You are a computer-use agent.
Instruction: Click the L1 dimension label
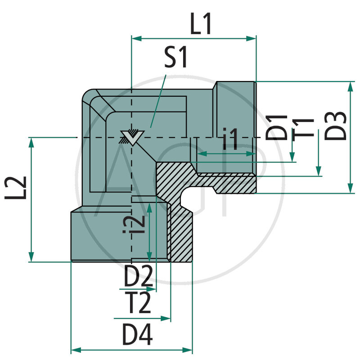(x=201, y=26)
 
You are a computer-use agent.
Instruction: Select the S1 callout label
(x=175, y=59)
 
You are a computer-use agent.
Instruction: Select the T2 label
(x=138, y=304)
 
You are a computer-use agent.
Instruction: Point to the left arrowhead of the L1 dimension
(x=134, y=39)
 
